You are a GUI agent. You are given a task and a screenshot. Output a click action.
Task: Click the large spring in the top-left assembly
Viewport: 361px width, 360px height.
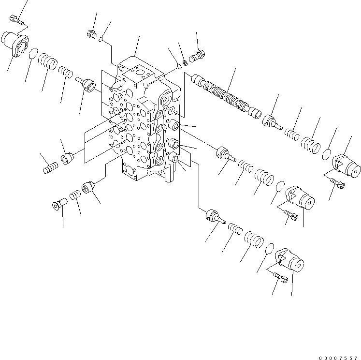tap(49, 62)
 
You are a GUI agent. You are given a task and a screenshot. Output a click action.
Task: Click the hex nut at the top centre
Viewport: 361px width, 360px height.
tap(90, 34)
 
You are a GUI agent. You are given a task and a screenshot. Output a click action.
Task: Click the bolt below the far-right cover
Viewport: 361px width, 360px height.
tap(337, 183)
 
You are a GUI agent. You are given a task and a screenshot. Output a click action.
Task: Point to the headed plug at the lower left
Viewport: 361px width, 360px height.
tap(58, 206)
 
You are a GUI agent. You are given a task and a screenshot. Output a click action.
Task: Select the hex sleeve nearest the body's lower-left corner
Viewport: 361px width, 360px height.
tap(88, 186)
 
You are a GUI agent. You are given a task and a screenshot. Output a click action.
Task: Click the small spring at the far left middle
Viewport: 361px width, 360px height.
tap(49, 168)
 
